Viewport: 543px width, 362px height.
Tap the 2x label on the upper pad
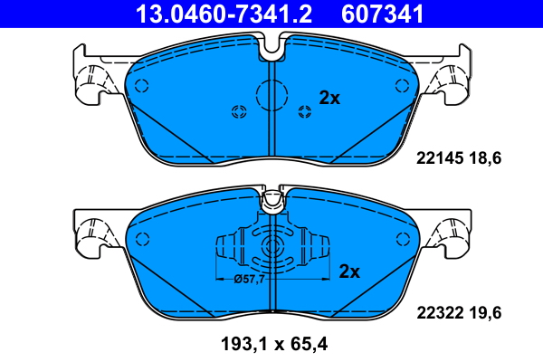(329, 99)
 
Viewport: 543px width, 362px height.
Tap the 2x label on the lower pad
(349, 271)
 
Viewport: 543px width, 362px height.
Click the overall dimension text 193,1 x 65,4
(271, 345)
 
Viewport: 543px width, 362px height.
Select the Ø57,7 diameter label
(249, 279)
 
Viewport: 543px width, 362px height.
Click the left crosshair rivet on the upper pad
(240, 112)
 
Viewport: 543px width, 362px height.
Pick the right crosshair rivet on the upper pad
(304, 112)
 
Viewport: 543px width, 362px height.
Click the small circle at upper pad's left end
(140, 86)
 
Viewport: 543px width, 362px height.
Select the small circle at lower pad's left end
(140, 238)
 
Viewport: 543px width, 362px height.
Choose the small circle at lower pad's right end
(402, 238)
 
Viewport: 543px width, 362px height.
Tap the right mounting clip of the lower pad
(452, 233)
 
